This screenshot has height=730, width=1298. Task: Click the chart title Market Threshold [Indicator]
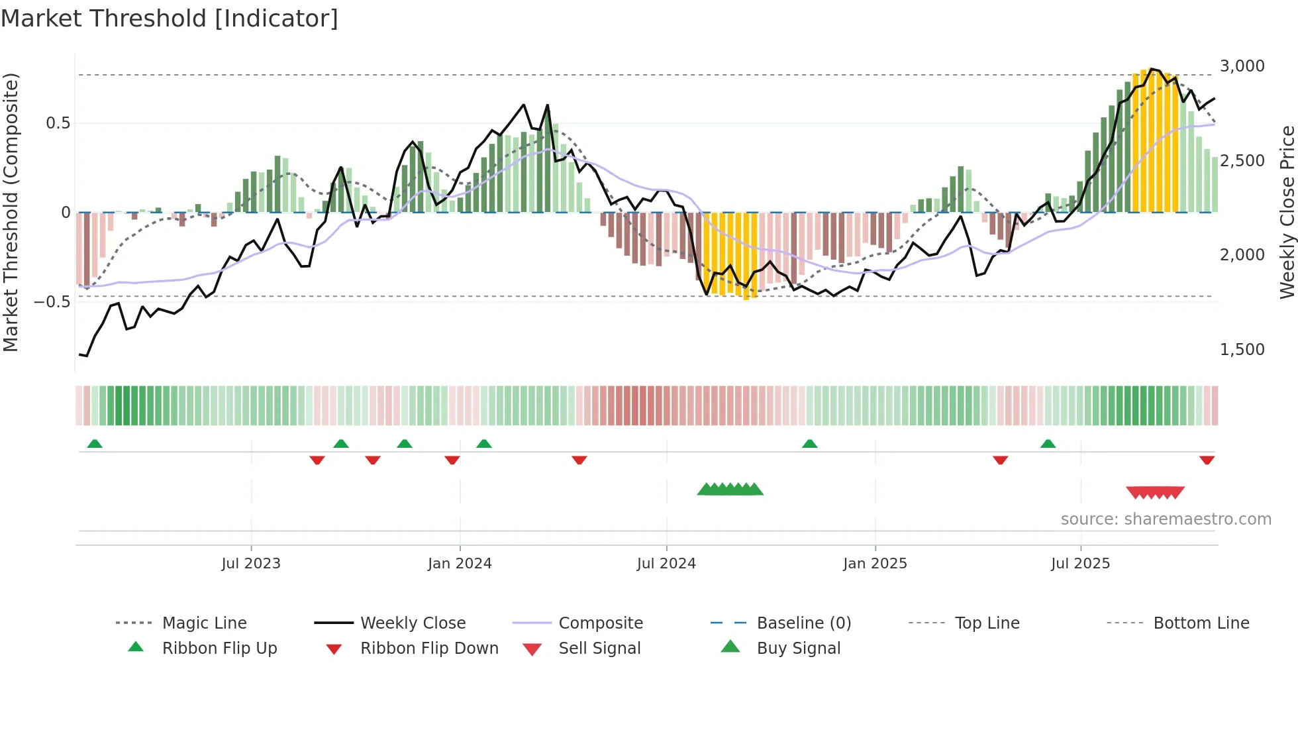[170, 19]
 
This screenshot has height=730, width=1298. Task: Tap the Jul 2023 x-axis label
[251, 563]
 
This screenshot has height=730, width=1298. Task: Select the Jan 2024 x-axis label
[460, 563]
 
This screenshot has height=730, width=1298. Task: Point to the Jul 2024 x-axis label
[666, 563]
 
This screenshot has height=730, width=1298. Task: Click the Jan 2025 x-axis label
[875, 563]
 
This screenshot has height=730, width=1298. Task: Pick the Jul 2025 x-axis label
[1080, 563]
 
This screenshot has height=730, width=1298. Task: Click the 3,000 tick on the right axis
[1242, 66]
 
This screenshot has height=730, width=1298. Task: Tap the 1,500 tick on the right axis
[1242, 350]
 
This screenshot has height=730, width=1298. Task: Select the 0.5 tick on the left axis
[58, 123]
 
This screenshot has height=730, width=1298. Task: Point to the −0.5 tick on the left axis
[52, 302]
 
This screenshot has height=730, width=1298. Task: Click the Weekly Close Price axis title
[1287, 212]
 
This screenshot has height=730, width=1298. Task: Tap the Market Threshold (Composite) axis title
[11, 212]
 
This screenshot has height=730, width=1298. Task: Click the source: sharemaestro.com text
[1166, 519]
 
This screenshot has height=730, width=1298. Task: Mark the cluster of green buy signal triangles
[730, 490]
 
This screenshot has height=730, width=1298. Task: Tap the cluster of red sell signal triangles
[1155, 492]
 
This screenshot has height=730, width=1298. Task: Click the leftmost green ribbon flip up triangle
[95, 443]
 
